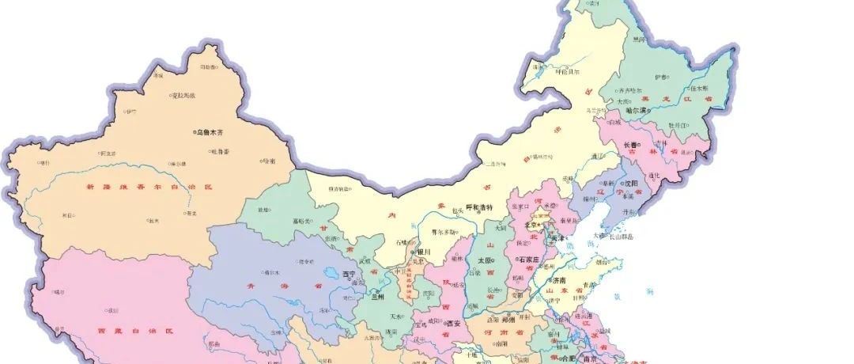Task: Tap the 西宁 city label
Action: (350, 274)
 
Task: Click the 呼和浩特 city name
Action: (478, 207)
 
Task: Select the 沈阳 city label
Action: (631, 183)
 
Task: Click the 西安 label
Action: (453, 323)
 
